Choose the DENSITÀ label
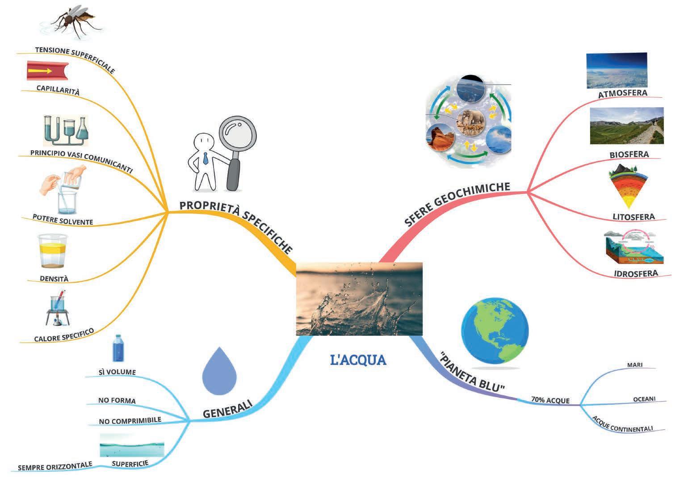coord(54,279)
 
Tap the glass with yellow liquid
coord(52,251)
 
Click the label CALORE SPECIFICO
coord(64,335)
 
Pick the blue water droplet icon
coord(219,368)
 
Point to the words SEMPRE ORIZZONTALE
coord(55,467)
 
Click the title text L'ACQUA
coord(358,360)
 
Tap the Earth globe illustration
coord(495,331)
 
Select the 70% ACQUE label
coord(550,400)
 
